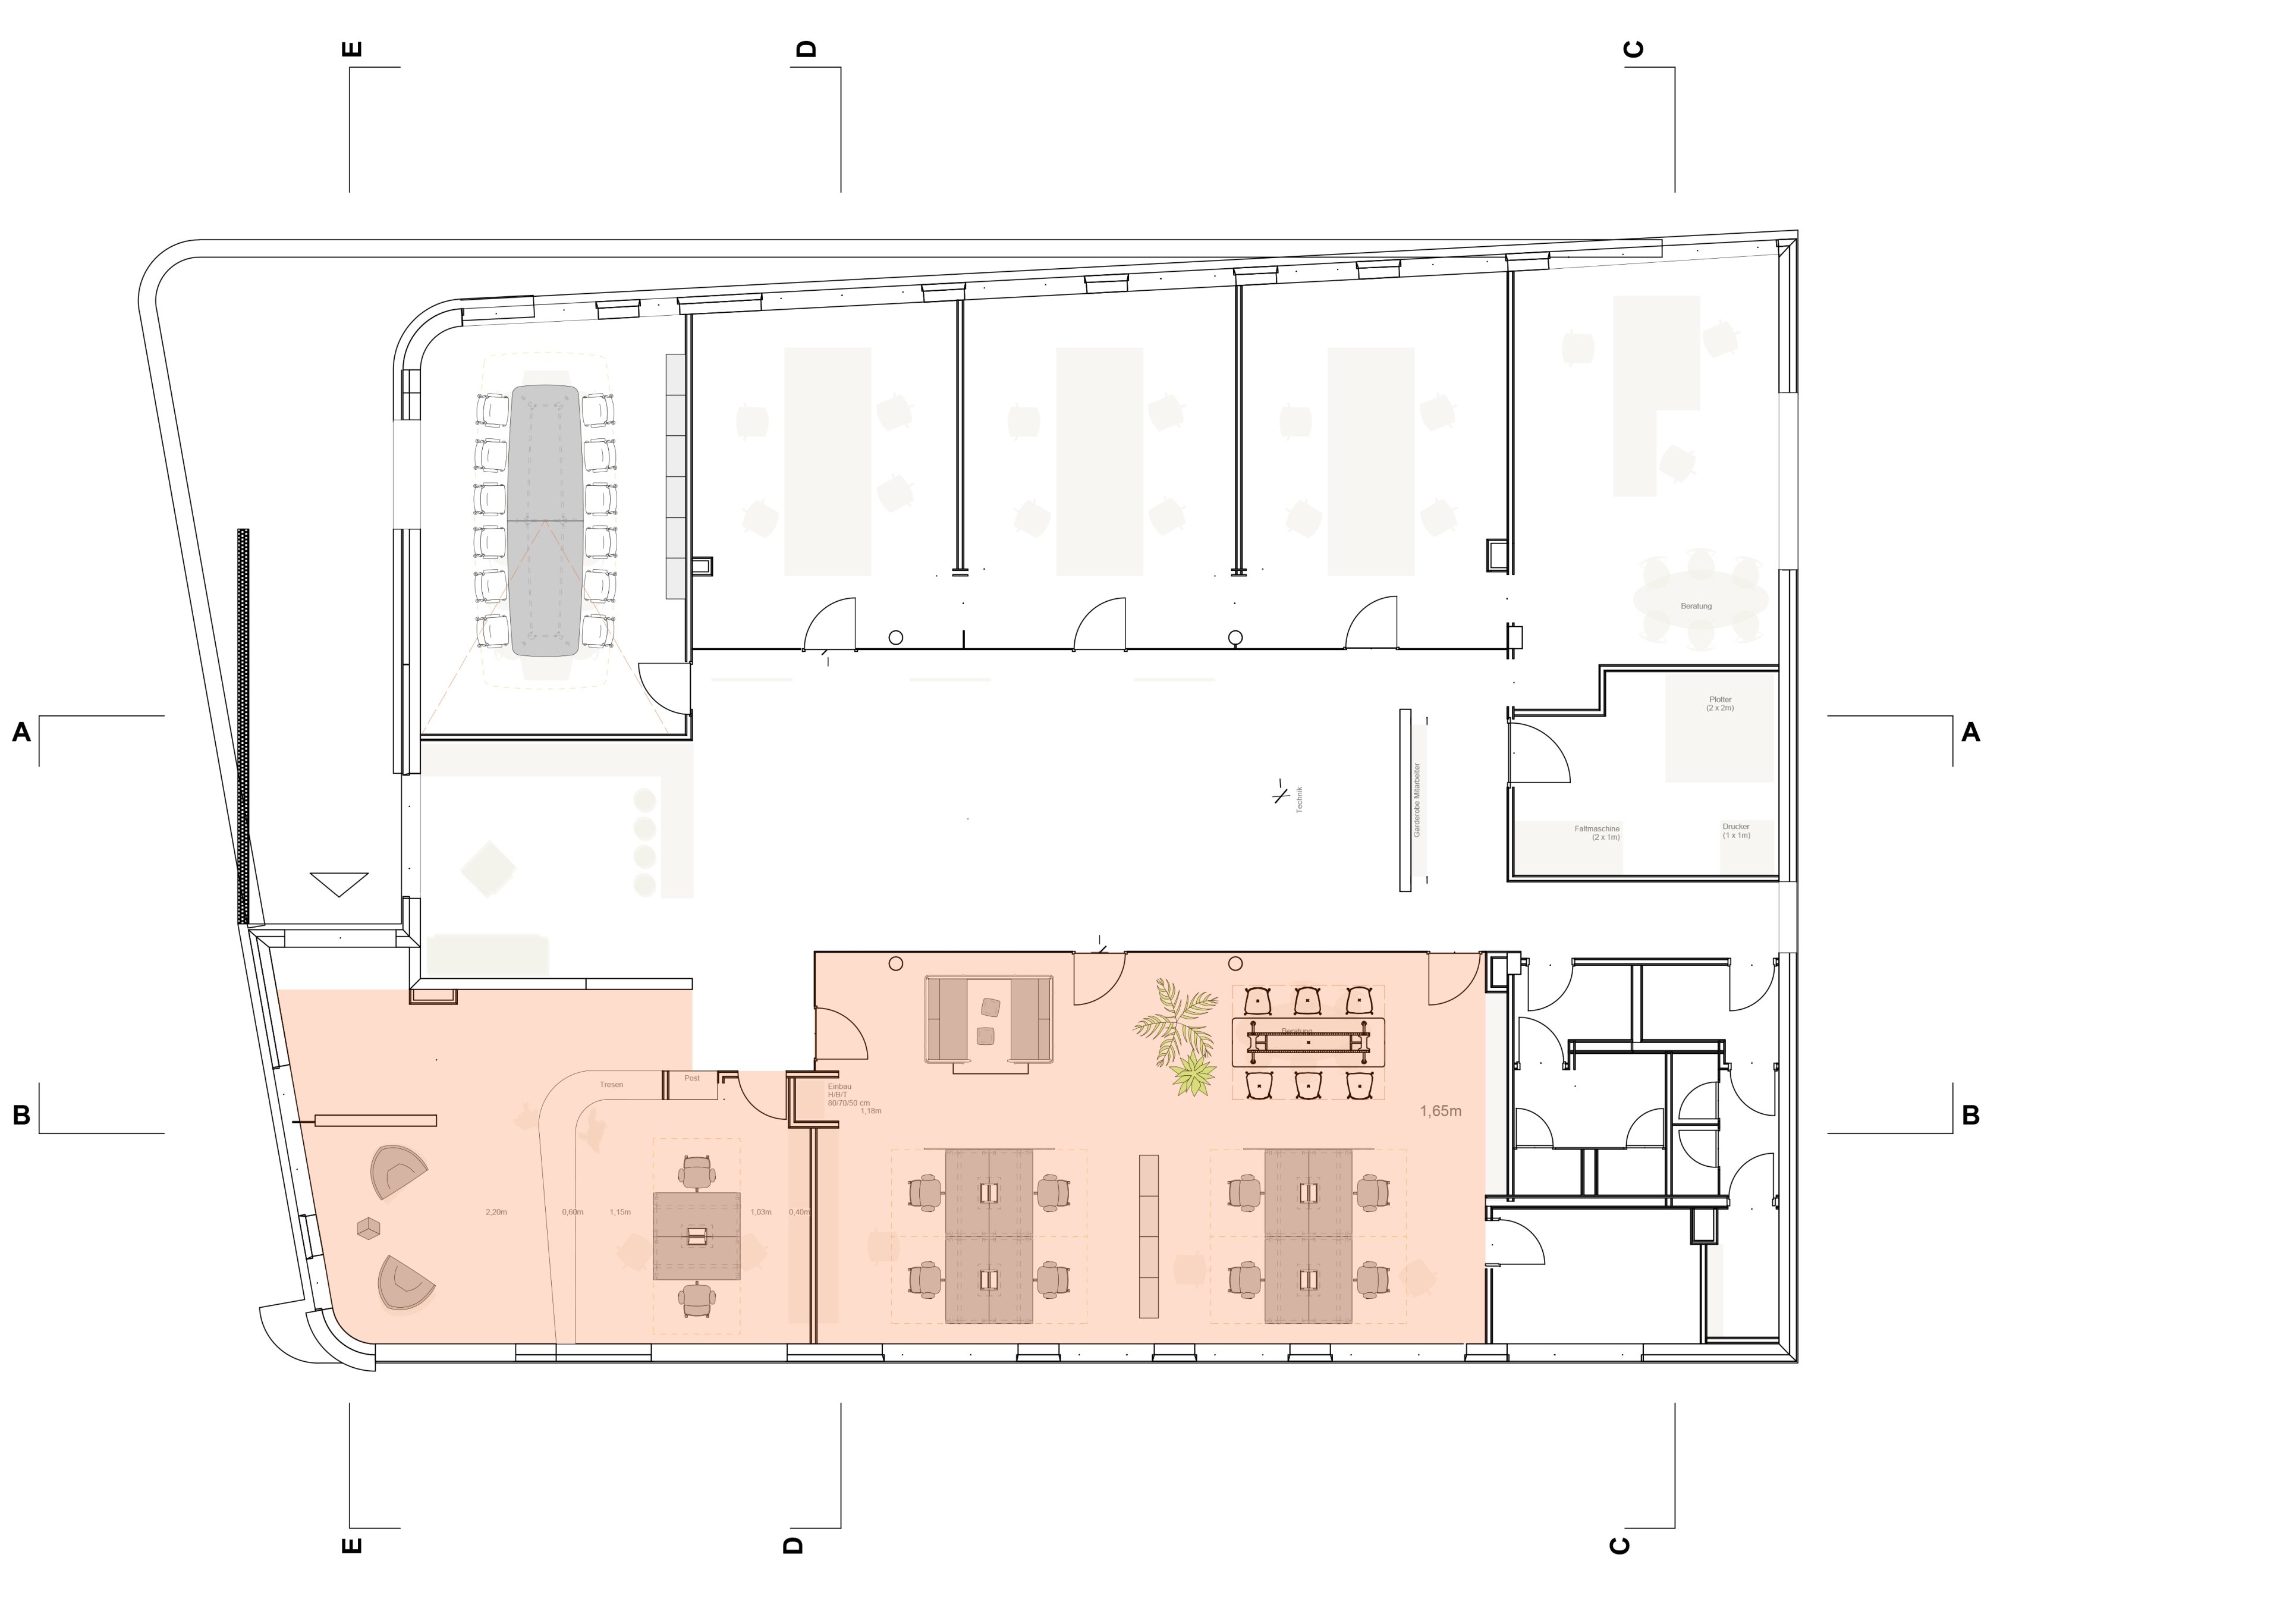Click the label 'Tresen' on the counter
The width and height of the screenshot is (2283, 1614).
click(x=611, y=1084)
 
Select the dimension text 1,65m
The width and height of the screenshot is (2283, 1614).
click(x=1440, y=1111)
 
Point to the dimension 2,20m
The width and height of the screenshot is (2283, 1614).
click(x=496, y=1212)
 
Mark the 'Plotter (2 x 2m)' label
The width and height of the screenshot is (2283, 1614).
click(x=1720, y=703)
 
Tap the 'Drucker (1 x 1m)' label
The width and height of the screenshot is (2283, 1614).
click(x=1736, y=830)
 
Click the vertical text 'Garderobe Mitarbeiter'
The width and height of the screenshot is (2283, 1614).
click(x=1417, y=799)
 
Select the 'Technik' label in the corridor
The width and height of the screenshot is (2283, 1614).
click(x=1298, y=799)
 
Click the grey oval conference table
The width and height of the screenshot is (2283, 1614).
click(x=544, y=520)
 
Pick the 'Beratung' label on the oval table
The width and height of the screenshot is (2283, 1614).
click(x=1696, y=605)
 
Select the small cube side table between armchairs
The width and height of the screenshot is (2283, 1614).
click(x=369, y=1229)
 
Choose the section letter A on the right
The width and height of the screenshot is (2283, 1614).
click(x=1970, y=733)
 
